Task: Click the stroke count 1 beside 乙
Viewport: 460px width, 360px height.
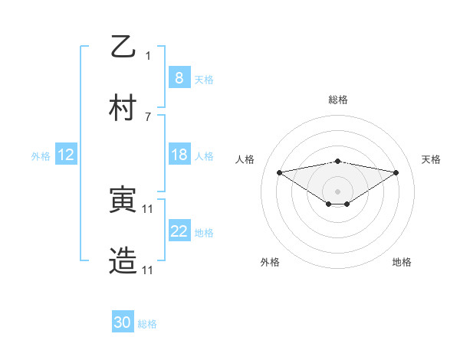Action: coord(148,55)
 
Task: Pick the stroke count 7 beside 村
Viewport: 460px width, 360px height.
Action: coord(148,116)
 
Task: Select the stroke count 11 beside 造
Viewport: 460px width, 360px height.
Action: coord(148,270)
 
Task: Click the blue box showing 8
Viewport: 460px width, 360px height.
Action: coord(179,77)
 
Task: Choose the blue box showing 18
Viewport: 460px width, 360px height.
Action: coord(179,155)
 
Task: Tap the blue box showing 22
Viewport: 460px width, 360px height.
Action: coord(179,231)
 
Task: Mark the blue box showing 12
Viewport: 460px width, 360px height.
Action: coord(66,155)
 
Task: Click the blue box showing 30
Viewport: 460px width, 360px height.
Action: coord(123,322)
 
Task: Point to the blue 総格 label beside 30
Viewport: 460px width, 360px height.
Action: coord(147,324)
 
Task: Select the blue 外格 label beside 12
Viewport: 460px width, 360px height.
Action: coord(41,156)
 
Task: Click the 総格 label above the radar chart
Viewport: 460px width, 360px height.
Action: coord(337,100)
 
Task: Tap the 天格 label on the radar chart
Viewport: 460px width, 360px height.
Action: coord(431,159)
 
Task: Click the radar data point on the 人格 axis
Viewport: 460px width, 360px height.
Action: coord(279,172)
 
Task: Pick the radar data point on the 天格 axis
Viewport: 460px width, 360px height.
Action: coord(396,172)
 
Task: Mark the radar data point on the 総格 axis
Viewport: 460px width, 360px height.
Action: coord(337,161)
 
